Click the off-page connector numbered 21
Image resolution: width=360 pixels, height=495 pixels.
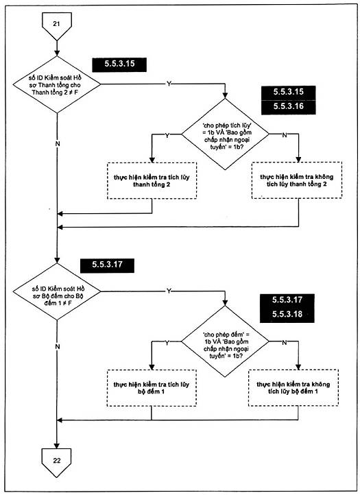57,25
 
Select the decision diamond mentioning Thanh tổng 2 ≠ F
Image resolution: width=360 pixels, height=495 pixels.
57,84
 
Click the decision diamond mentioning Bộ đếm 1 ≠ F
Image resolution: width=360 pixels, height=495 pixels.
57,291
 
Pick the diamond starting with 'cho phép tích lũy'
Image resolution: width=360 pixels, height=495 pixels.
225,134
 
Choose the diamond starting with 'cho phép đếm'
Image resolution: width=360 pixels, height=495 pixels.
225,341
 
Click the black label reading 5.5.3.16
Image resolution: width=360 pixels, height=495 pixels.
288,107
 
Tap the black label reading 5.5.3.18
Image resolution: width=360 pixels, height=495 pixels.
287,315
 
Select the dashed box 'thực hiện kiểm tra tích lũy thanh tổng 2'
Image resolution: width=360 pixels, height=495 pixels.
152,180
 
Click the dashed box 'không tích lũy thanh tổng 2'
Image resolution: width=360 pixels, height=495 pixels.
296,180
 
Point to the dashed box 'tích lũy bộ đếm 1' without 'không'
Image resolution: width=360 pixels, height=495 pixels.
152,388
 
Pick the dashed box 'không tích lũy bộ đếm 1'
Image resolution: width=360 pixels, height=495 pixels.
293,388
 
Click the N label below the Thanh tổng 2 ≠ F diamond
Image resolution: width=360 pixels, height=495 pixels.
58,144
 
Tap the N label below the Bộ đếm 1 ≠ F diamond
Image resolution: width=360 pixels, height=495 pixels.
58,347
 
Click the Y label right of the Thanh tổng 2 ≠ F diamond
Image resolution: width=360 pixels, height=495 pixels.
169,84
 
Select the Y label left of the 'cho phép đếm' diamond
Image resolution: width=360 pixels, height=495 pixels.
167,343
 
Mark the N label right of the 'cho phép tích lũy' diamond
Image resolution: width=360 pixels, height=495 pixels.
285,135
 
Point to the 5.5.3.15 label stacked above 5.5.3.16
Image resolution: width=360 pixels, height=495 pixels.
288,93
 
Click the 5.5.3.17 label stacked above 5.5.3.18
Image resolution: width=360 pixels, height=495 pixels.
287,300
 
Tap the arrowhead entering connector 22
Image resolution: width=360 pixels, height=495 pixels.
57,446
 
